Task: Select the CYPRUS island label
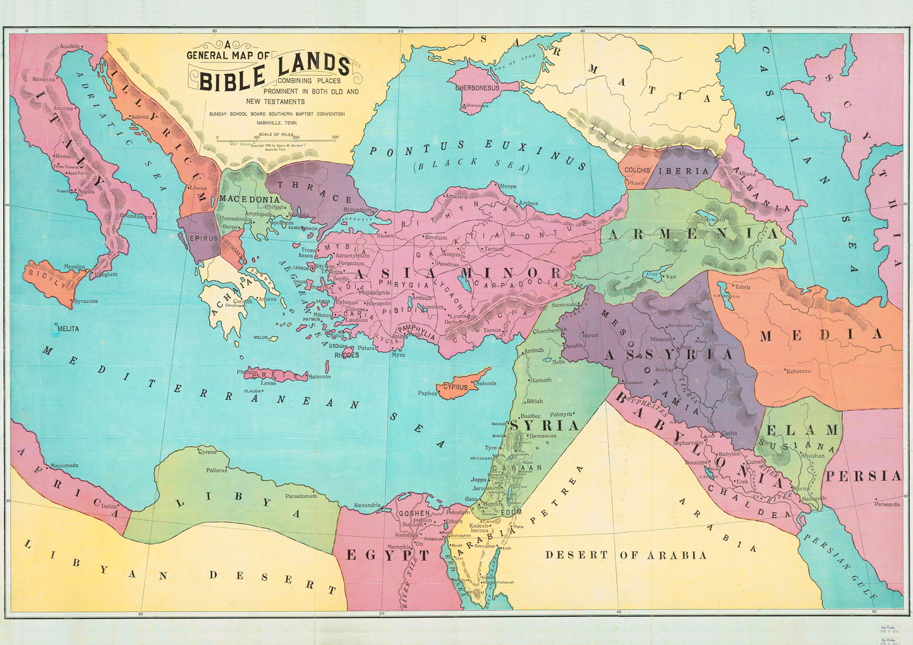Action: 456,387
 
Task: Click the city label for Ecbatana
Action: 798,371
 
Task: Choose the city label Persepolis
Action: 887,504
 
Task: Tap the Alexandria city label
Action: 367,505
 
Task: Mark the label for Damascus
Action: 543,436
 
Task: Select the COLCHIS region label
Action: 638,171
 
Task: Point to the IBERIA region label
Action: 684,171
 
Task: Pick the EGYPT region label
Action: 387,555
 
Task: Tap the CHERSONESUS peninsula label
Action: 477,88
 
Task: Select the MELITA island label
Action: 68,329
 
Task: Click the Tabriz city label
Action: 743,287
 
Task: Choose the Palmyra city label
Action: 561,414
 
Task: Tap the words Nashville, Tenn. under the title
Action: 277,123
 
